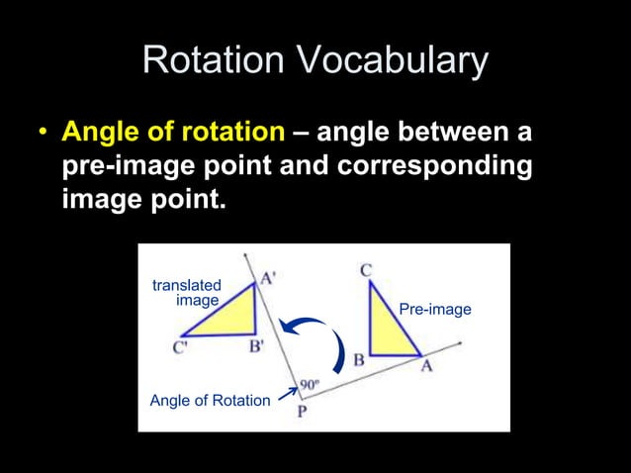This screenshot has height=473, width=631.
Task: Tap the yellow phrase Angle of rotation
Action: coord(172,132)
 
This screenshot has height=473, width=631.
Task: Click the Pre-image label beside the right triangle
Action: coord(434,310)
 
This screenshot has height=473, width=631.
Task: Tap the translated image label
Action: coord(187,293)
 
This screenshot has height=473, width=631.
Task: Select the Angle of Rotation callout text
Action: coord(209,401)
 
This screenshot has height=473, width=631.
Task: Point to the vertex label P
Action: coord(302,413)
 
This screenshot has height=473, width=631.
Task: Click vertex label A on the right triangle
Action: coord(427,366)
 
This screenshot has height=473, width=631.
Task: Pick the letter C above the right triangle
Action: coord(366,269)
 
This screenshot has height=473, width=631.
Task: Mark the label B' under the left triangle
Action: coord(256,346)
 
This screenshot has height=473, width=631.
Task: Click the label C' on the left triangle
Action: coord(181,347)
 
